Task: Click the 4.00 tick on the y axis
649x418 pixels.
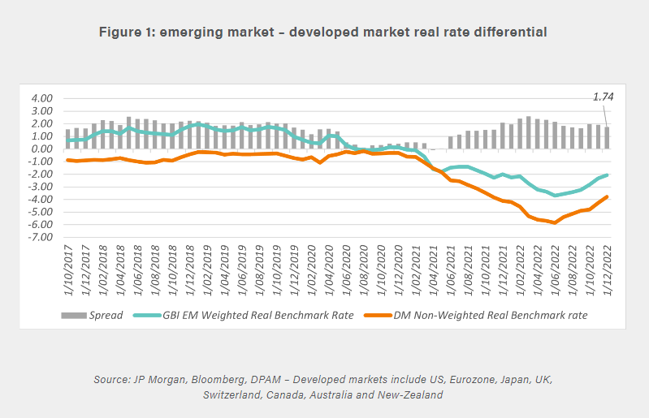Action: [41, 98]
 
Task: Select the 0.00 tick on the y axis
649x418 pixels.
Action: [41, 149]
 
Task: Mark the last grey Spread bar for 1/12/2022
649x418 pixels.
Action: [606, 137]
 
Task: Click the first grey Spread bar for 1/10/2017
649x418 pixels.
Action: [67, 139]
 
